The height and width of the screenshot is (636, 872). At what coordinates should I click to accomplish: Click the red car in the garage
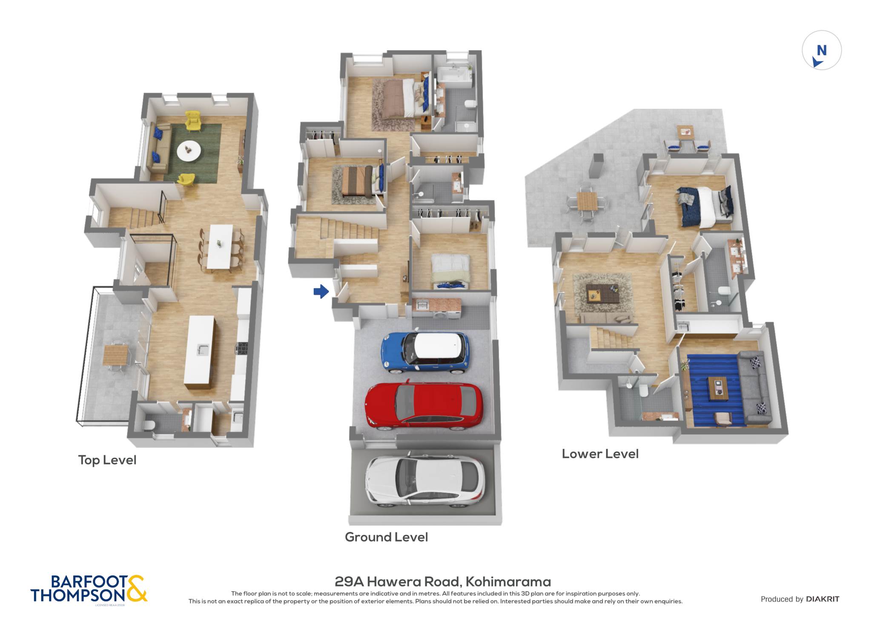424,404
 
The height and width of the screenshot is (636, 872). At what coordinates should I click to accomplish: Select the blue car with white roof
425,352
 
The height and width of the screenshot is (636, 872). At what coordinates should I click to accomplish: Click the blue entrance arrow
321,292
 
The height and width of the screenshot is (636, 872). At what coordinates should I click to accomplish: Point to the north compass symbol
821,50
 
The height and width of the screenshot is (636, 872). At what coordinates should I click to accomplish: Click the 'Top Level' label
107,460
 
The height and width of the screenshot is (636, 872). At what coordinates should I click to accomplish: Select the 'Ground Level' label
386,537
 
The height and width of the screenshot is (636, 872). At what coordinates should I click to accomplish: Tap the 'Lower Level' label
600,454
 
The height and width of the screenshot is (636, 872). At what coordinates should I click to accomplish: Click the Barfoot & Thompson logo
89,589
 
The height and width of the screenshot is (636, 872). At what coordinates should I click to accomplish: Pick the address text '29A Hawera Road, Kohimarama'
443,582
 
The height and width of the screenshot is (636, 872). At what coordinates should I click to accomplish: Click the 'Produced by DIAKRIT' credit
800,599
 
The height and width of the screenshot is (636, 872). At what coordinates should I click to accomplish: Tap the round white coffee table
189,151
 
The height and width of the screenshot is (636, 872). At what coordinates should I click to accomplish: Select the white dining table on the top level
220,247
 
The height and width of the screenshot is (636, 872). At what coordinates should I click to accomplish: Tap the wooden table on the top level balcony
115,355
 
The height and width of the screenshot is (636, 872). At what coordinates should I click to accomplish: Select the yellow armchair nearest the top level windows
192,120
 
